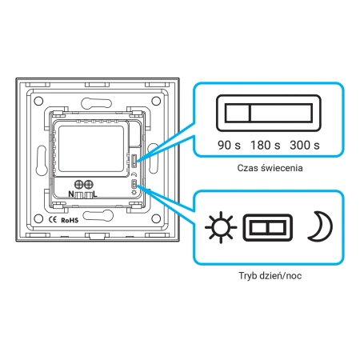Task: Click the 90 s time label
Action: click(x=229, y=146)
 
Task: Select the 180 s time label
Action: click(x=266, y=146)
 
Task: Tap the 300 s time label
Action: click(x=305, y=146)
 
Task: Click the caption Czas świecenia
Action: click(x=270, y=168)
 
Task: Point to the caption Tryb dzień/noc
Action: click(x=270, y=275)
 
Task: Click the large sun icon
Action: click(x=221, y=227)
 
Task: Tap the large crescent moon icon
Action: click(x=321, y=226)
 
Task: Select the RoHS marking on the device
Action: click(x=70, y=220)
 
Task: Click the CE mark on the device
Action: click(x=53, y=220)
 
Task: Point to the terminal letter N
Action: click(x=71, y=194)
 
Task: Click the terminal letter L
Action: click(x=95, y=194)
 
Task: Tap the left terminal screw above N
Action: click(x=78, y=184)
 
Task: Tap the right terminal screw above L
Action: click(x=88, y=184)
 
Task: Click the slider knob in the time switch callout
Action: click(x=238, y=113)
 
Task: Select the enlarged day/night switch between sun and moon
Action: click(x=268, y=227)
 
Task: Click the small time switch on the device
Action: click(x=134, y=161)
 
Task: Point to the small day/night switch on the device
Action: click(x=134, y=184)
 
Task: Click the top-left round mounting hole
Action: click(x=38, y=101)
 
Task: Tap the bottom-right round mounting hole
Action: click(x=156, y=218)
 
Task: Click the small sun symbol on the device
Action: click(x=134, y=192)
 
